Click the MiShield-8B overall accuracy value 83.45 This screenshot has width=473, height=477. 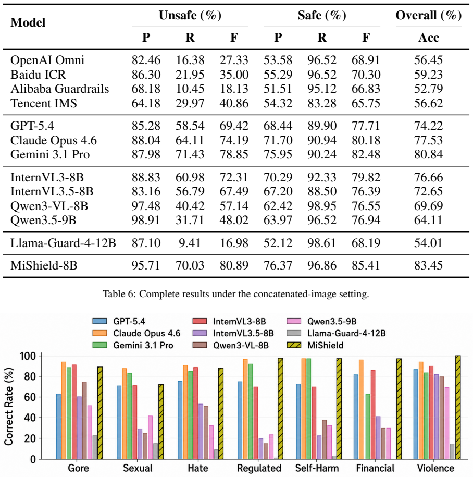(428, 265)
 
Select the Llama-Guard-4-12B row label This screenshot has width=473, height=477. (63, 243)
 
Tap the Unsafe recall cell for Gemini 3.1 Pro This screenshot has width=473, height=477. (190, 154)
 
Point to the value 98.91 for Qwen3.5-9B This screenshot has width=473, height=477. (146, 220)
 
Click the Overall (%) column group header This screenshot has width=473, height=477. (428, 15)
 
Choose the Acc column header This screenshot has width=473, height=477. (429, 38)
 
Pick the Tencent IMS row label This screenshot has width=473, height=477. (43, 103)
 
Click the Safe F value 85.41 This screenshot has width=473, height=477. (366, 265)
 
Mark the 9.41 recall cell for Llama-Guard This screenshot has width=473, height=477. (190, 243)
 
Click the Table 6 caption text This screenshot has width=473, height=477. (236, 294)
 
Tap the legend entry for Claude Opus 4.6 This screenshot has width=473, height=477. (136, 334)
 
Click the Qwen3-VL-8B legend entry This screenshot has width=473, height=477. (231, 345)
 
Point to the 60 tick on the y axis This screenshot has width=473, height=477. (30, 397)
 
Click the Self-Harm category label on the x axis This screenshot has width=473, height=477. (317, 468)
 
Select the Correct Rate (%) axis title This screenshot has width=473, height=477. (9, 407)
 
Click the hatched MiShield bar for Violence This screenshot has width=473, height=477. (458, 407)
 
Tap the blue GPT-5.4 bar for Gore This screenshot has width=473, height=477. (58, 426)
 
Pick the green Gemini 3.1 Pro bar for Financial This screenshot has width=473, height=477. (368, 426)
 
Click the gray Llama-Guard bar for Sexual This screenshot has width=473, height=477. (156, 451)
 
